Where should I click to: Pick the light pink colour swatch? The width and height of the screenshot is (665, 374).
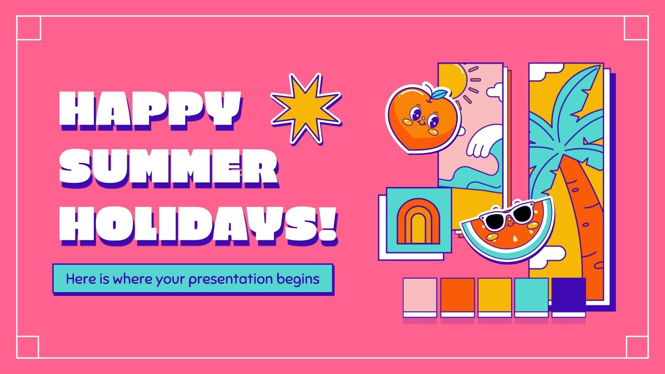[420, 295]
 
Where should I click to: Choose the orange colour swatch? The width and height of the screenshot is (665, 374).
[457, 295]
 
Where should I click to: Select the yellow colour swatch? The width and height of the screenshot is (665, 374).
[495, 295]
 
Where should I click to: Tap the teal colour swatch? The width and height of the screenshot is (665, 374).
[532, 295]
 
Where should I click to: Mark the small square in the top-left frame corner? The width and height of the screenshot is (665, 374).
[29, 28]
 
